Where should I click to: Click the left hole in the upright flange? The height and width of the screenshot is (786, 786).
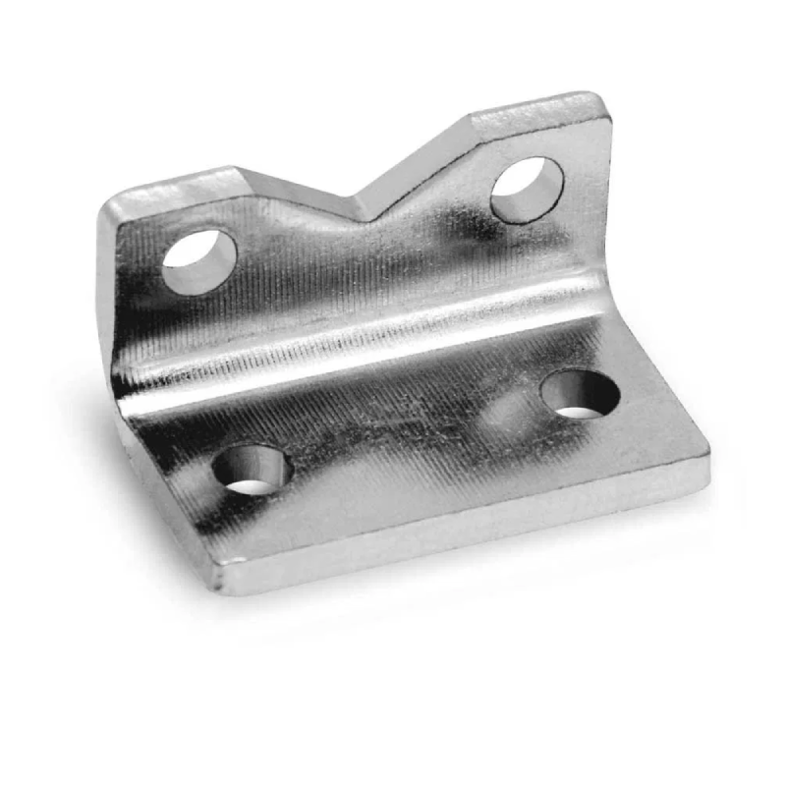(x=199, y=261)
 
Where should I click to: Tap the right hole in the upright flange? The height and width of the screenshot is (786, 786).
(x=527, y=189)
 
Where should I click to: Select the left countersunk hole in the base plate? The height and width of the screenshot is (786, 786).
(x=253, y=470)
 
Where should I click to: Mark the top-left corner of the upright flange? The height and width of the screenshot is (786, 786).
(x=108, y=204)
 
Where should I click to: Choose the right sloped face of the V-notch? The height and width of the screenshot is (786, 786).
(x=418, y=162)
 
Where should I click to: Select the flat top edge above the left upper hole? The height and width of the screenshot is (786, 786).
(x=172, y=182)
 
